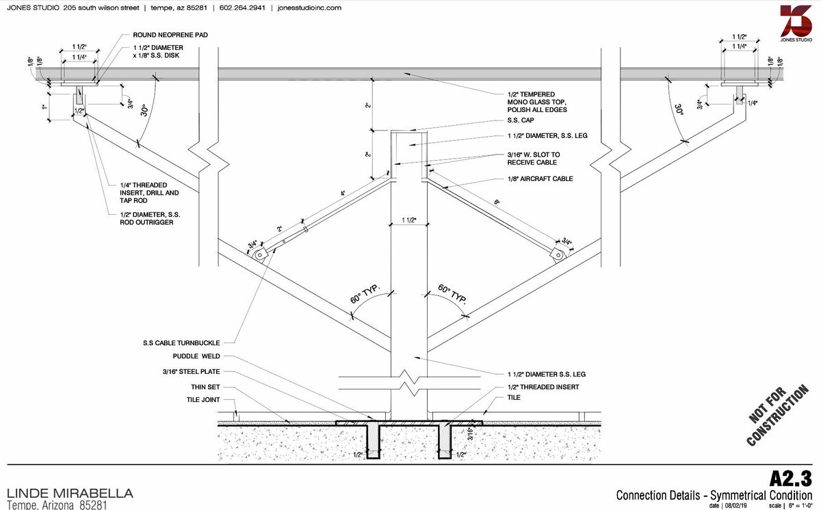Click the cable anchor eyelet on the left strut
pos(260,254)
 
